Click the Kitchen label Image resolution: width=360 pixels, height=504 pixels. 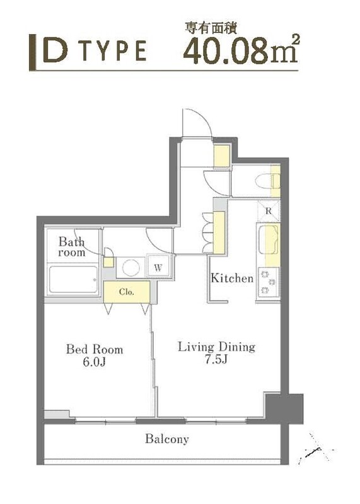(x=232, y=278)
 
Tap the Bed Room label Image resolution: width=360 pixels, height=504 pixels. (x=95, y=350)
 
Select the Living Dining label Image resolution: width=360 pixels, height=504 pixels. (x=216, y=347)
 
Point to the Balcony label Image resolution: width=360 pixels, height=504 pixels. (x=166, y=439)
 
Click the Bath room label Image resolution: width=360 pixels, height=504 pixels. (x=72, y=247)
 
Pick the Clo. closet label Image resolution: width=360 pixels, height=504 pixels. (x=127, y=292)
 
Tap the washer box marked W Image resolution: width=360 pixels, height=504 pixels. (x=158, y=266)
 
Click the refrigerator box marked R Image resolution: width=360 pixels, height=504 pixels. (x=269, y=210)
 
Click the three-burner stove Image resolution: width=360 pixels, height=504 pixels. (x=268, y=282)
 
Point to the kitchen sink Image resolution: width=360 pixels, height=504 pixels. (x=269, y=239)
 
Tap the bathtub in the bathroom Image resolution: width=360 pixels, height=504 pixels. (x=73, y=279)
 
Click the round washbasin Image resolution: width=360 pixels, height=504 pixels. (x=131, y=267)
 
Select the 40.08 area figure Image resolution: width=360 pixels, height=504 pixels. (x=226, y=51)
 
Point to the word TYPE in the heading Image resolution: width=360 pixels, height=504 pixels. (x=114, y=50)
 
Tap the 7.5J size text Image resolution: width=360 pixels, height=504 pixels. (x=216, y=359)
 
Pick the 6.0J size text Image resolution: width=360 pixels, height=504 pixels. (x=95, y=362)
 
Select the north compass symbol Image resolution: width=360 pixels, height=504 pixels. (x=315, y=449)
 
